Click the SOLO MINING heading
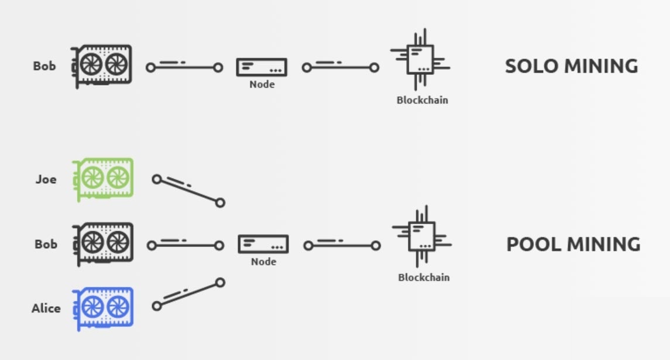click(571, 66)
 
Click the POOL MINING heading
click(573, 245)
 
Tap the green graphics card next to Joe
click(103, 179)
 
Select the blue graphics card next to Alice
click(103, 308)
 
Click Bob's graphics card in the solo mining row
click(102, 66)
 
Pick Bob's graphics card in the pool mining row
click(103, 244)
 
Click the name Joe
click(46, 179)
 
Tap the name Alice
click(46, 308)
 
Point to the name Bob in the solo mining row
click(44, 66)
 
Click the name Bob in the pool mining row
click(46, 244)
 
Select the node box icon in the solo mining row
click(262, 67)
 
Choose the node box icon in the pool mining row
click(263, 244)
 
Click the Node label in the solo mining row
click(262, 84)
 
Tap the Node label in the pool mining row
click(263, 262)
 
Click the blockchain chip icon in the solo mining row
click(420, 60)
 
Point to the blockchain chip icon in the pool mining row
click(422, 236)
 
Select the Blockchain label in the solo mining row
click(422, 100)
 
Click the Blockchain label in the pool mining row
click(424, 277)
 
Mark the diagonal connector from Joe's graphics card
click(188, 191)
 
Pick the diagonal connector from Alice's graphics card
click(188, 294)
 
